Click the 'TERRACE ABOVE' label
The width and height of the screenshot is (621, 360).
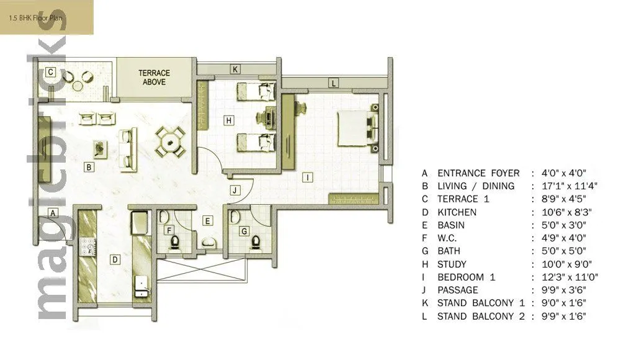point(154,77)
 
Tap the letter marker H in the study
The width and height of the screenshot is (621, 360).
point(229,120)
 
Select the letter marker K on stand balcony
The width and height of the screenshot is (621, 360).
point(235,70)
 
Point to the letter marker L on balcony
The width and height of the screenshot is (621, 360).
point(333,83)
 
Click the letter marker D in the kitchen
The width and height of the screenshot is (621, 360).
point(114,259)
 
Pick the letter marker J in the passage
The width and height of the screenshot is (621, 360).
point(234,191)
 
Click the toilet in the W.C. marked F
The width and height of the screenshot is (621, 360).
point(175,242)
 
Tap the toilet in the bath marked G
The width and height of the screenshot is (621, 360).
point(255,242)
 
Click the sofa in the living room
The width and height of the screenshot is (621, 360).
point(128,146)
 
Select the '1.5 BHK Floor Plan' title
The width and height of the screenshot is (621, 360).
point(35,19)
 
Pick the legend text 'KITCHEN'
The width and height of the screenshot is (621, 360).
point(457,212)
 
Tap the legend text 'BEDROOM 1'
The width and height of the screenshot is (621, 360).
point(466,277)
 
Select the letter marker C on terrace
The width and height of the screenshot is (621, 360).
point(51,73)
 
